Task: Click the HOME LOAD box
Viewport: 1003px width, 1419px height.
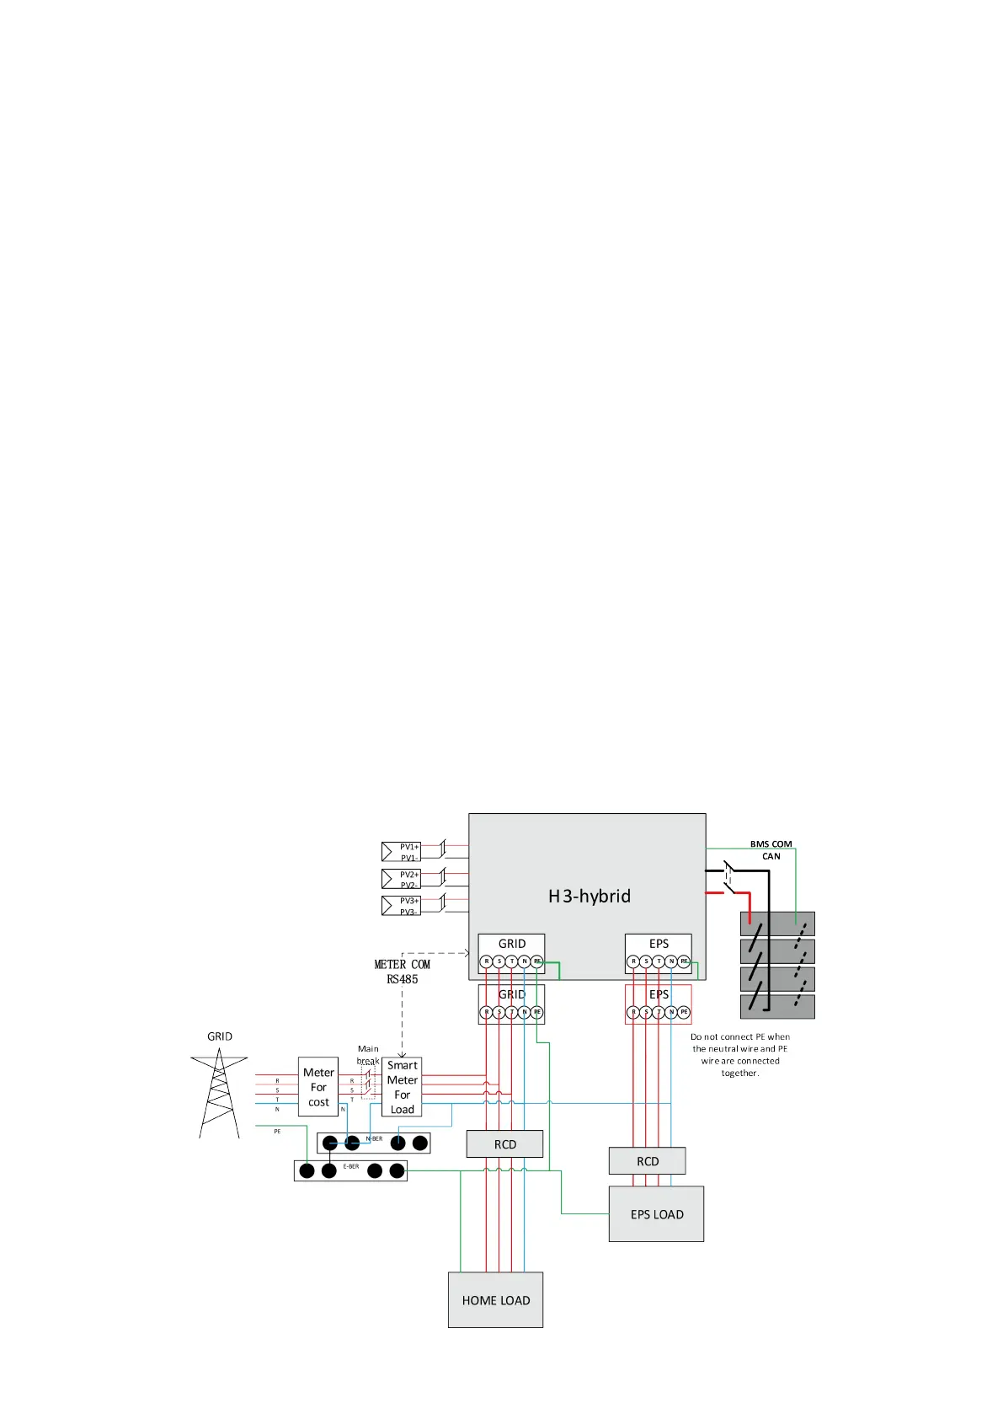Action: [x=495, y=1299]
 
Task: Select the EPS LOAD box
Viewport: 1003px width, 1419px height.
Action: [x=656, y=1213]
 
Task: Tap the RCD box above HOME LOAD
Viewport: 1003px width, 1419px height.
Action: [x=504, y=1143]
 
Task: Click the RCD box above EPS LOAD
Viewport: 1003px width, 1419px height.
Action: [x=647, y=1160]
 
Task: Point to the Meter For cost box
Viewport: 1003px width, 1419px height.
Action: [x=318, y=1087]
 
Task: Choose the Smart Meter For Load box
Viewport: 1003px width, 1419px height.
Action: [x=402, y=1087]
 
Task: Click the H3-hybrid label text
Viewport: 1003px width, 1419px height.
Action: [x=589, y=896]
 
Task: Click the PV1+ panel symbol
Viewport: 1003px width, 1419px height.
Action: [x=401, y=851]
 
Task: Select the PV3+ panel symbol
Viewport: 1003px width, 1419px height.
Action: [x=401, y=906]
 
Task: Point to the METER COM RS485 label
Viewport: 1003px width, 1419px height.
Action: [x=402, y=972]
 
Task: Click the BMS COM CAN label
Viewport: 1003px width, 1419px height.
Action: [x=771, y=849]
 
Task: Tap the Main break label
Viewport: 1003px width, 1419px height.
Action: [x=368, y=1055]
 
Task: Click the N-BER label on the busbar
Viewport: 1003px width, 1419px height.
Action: [x=375, y=1138]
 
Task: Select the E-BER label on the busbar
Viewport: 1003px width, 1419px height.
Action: [x=351, y=1166]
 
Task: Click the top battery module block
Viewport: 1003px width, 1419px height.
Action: [x=777, y=924]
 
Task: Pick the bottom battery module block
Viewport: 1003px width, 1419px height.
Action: [x=777, y=1006]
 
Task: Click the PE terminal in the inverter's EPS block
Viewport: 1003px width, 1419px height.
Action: [x=684, y=961]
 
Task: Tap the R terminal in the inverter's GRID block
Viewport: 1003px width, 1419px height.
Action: [x=486, y=961]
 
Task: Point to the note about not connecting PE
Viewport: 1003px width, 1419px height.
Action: [x=739, y=1055]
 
